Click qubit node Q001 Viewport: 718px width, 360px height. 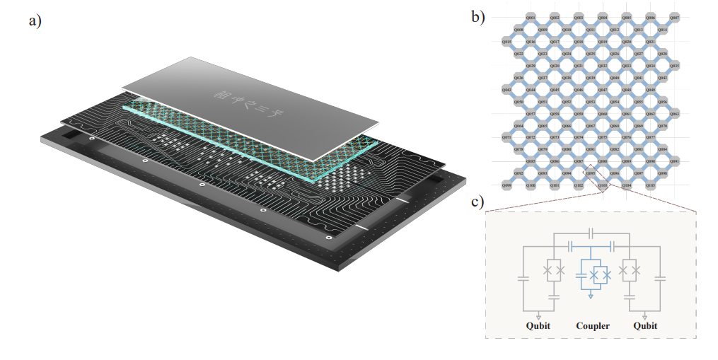click(x=531, y=18)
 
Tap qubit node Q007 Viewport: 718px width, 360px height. click(x=675, y=18)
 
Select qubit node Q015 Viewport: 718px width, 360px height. click(x=506, y=42)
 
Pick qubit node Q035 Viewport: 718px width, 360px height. click(x=675, y=66)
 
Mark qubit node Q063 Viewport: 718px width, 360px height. click(x=675, y=113)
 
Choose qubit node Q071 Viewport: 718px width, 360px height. click(x=506, y=137)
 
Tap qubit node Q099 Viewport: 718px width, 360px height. click(x=506, y=185)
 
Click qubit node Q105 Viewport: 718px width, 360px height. click(x=651, y=185)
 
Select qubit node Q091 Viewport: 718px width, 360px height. click(x=675, y=161)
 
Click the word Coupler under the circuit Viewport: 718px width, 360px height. click(x=593, y=326)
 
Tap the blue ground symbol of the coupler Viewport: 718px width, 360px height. click(x=593, y=295)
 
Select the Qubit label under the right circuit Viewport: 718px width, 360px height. click(x=645, y=326)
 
